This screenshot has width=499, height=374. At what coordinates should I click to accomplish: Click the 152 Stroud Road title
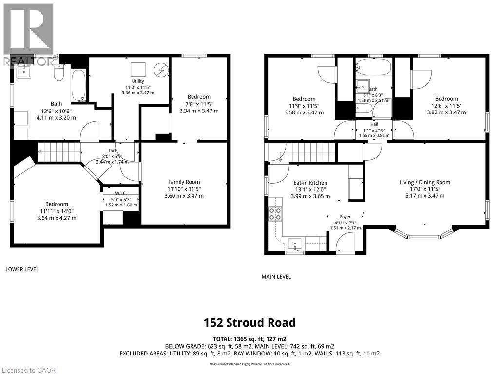tap(249, 322)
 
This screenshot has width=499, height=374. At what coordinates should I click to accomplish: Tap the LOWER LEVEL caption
tap(22, 269)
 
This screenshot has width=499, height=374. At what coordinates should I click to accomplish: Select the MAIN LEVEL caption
tap(276, 277)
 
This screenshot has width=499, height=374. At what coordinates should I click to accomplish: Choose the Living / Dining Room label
tap(425, 182)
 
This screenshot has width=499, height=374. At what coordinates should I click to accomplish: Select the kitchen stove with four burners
tap(275, 214)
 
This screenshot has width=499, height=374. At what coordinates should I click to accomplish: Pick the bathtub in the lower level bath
tap(78, 85)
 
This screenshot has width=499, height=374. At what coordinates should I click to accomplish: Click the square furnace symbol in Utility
tap(138, 68)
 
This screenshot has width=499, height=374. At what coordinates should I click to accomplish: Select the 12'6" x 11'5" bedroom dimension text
tap(446, 106)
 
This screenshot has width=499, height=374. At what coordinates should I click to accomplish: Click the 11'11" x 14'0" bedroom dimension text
tap(57, 211)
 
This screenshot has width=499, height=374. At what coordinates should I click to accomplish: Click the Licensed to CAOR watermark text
tap(29, 370)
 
